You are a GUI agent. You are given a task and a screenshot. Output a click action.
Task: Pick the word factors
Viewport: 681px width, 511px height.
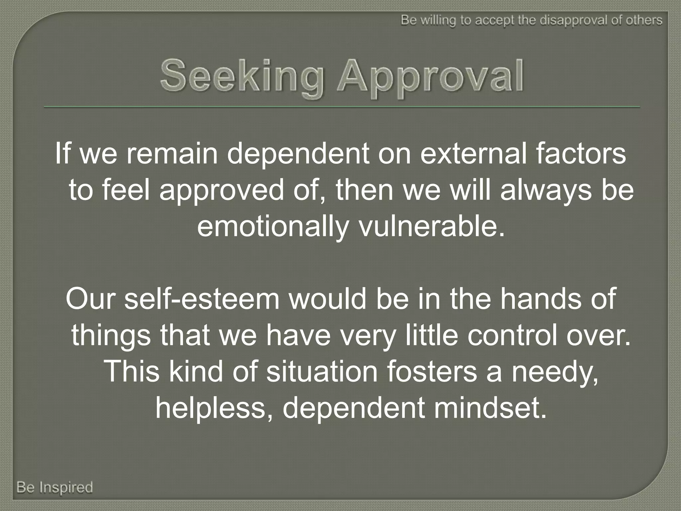pos(580,154)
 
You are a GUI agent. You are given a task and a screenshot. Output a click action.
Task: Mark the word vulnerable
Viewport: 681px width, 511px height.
pos(431,228)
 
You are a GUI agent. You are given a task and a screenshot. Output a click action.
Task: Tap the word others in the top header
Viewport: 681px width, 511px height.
pos(643,20)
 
